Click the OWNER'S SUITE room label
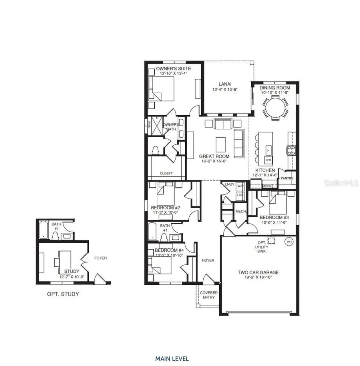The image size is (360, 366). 168,68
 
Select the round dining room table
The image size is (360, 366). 275,106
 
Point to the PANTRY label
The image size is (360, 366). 287,178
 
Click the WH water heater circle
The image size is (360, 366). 288,242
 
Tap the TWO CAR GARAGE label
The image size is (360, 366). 258,272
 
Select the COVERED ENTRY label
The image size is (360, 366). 209,295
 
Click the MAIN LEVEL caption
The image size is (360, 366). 172,358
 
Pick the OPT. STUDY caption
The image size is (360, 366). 63,294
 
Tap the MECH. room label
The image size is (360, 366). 240,212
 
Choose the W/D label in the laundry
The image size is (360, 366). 240,186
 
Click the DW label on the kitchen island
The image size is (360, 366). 268,160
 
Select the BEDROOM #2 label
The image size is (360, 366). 165,208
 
